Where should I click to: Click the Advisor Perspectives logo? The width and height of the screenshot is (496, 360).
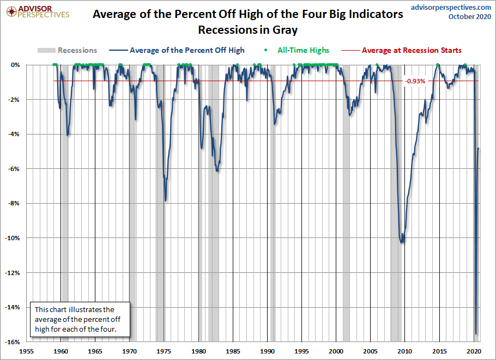tap(36, 12)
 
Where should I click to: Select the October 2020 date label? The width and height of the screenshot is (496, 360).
tap(469, 17)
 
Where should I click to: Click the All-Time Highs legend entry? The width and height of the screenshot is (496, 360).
tap(303, 50)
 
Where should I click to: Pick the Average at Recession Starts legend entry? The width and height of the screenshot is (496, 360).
tap(412, 50)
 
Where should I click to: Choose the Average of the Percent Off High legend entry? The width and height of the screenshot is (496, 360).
tap(187, 50)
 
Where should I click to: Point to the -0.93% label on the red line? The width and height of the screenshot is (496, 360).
tap(415, 81)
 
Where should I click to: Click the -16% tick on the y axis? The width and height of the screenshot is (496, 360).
tap(13, 341)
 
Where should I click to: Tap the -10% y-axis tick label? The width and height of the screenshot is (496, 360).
tap(13, 238)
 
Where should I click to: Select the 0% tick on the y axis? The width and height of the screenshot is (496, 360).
tap(15, 65)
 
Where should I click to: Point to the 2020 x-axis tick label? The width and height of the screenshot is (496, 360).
tap(473, 351)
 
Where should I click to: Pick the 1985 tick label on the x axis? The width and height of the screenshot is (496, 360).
tap(233, 351)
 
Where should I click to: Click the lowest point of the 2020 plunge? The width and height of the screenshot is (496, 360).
tap(476, 334)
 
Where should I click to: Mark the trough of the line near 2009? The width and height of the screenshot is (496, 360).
tap(402, 242)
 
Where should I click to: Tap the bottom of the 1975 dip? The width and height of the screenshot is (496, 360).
tap(165, 200)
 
